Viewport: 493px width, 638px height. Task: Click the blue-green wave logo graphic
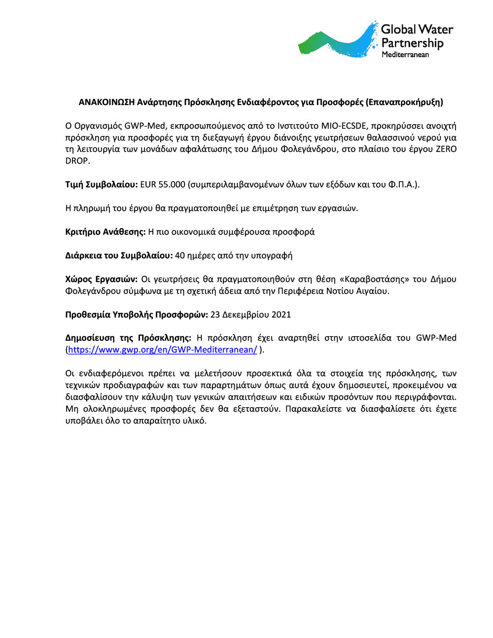pos(338,42)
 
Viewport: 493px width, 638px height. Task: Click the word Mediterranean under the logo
pos(405,55)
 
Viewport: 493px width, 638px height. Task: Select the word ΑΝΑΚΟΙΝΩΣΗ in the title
pos(106,103)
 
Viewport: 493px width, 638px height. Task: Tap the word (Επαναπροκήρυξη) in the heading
pos(404,103)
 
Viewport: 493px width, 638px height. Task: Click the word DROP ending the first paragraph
pos(77,161)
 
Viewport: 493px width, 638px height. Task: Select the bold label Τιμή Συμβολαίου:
pos(102,185)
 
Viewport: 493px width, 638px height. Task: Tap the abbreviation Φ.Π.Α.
pos(402,185)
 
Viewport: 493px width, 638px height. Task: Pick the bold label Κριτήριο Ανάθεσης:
pos(106,232)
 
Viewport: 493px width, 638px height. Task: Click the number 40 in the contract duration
pos(180,256)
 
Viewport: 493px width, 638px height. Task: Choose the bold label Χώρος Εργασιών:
pos(102,280)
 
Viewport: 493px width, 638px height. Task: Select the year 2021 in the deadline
pos(281,315)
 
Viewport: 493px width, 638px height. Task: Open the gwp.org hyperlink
pos(163,350)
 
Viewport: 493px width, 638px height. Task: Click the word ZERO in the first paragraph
pos(446,149)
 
